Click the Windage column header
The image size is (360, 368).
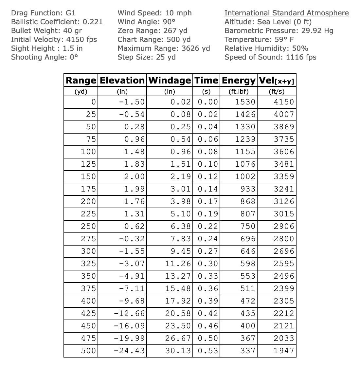click(x=170, y=80)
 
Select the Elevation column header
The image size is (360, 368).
click(x=122, y=80)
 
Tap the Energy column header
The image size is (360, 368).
click(x=239, y=80)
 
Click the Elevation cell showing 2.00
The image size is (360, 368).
click(x=135, y=176)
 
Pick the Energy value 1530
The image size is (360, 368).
click(x=245, y=102)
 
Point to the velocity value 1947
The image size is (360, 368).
click(x=284, y=351)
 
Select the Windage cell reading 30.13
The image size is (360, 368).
click(x=178, y=351)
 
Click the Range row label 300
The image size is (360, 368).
click(x=88, y=251)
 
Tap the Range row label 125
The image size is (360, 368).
click(x=88, y=164)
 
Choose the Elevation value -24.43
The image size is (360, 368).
click(x=130, y=351)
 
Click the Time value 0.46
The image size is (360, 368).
click(x=208, y=326)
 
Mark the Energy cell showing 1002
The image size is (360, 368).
click(x=245, y=176)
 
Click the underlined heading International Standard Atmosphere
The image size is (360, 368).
click(x=286, y=13)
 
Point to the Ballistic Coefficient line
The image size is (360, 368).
click(x=57, y=22)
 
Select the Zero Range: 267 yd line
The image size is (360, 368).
click(x=152, y=31)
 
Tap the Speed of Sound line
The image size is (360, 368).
click(x=270, y=57)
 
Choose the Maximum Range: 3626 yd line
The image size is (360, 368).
click(x=164, y=48)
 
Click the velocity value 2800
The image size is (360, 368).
click(x=284, y=239)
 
